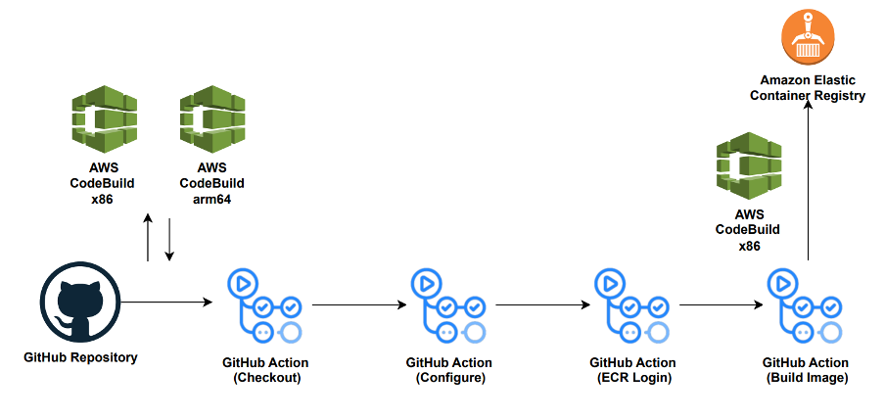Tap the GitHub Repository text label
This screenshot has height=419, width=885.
(x=80, y=357)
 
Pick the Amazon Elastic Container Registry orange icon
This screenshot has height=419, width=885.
(x=808, y=36)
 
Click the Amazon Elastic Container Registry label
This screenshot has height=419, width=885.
(x=808, y=87)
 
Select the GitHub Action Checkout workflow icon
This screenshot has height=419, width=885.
(x=261, y=305)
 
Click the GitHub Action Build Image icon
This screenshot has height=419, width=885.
(x=805, y=305)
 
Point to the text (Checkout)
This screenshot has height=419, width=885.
(x=261, y=378)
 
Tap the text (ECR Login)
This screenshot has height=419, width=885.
(x=632, y=378)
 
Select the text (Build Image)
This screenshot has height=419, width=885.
(x=806, y=378)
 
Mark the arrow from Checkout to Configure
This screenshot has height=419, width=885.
(x=358, y=304)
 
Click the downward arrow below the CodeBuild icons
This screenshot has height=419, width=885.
(x=169, y=240)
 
